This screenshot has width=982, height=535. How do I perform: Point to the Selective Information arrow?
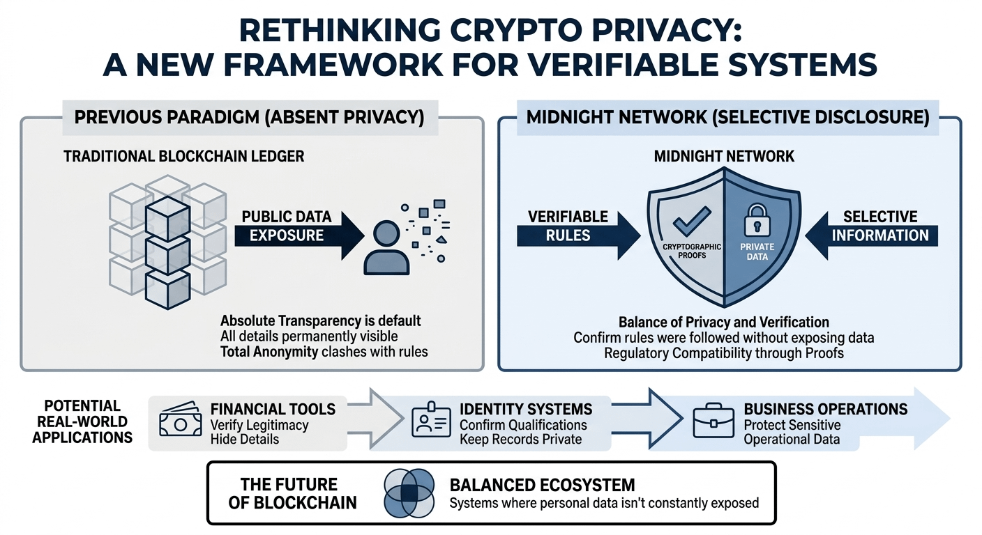point(875,226)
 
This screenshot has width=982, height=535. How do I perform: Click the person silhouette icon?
point(386,247)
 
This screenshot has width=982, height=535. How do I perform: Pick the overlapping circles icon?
point(409,493)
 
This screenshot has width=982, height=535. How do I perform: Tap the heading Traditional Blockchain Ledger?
point(184,155)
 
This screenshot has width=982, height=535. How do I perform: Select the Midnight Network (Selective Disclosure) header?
point(727,116)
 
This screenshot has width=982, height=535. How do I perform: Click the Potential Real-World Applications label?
point(82,421)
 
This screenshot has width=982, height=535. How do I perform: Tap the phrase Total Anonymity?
point(269,352)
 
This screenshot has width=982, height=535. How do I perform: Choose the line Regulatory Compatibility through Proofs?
point(724,352)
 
